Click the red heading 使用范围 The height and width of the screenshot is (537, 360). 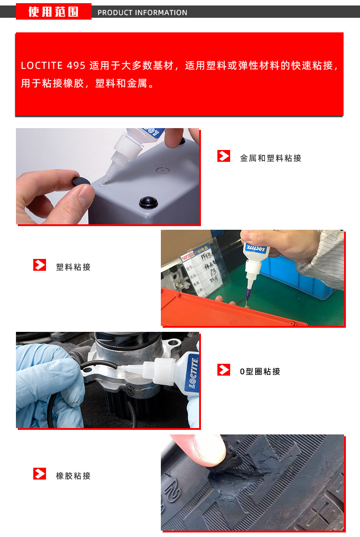(x=53, y=11)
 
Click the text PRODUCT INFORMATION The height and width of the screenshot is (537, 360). (x=142, y=13)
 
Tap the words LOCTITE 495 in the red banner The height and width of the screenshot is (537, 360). (x=53, y=66)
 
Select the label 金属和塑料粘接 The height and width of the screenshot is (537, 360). (x=271, y=158)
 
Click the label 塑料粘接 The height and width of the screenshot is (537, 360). (x=73, y=267)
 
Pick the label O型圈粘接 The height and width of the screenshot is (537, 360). (x=260, y=372)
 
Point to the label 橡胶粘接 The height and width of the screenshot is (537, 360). (x=73, y=476)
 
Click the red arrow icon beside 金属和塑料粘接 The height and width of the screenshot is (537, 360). (x=223, y=156)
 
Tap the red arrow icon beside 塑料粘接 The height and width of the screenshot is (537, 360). (x=40, y=265)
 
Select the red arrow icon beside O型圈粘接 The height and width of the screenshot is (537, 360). (x=223, y=369)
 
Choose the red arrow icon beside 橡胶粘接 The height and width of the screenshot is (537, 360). (x=40, y=474)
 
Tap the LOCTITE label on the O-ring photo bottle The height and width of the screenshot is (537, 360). (x=193, y=372)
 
